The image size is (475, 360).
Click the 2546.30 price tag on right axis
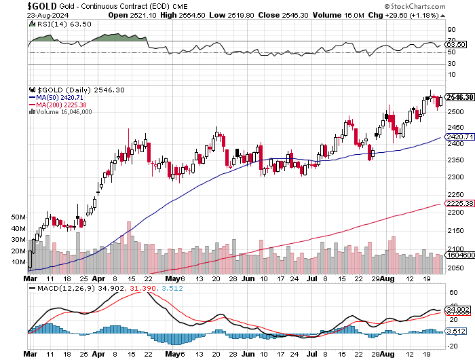[x=459, y=97]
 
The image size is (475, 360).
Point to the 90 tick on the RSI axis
[x=450, y=30]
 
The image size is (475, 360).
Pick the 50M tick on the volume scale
[x=19, y=217]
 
